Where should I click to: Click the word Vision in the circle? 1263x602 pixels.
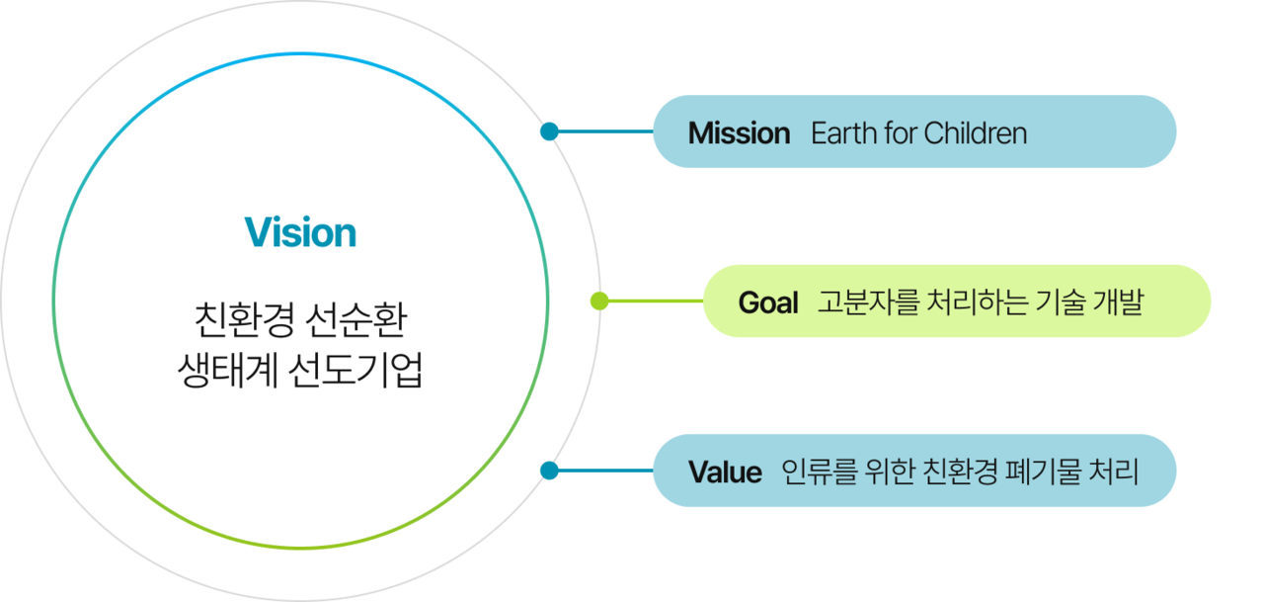[300, 233]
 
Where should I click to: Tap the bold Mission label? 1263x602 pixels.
[739, 132]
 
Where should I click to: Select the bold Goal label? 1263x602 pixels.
[767, 302]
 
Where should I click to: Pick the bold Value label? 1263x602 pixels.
[725, 473]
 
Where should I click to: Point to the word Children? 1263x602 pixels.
[975, 132]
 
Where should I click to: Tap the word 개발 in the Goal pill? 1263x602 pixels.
[1117, 302]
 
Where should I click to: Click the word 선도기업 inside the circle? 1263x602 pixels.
[356, 371]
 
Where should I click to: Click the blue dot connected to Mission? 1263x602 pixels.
[550, 131]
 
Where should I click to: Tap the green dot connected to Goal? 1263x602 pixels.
[598, 301]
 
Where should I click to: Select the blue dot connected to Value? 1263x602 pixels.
[550, 471]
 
